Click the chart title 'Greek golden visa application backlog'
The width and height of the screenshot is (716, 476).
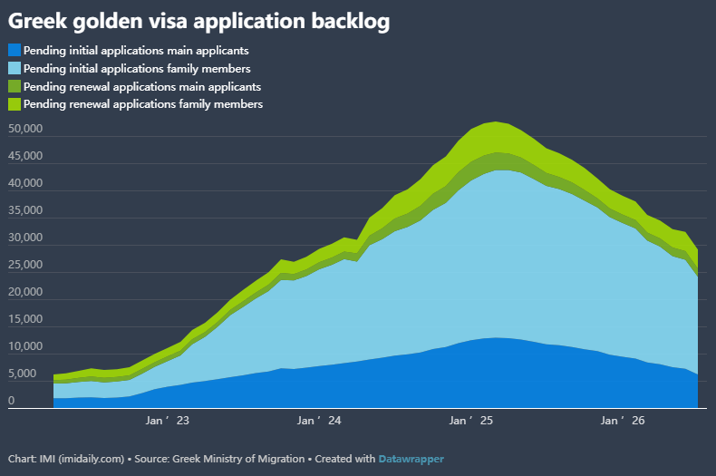click(198, 22)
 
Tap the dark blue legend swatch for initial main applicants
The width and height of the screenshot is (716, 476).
click(15, 50)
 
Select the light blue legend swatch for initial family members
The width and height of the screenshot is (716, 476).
click(15, 69)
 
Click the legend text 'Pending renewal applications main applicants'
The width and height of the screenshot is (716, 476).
click(142, 87)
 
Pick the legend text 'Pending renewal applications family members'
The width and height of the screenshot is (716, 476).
click(143, 104)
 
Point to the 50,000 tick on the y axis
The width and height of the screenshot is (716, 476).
click(25, 129)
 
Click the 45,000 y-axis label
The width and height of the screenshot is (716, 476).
click(25, 156)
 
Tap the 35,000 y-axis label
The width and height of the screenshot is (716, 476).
click(25, 210)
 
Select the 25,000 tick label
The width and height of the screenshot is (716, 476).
click(25, 265)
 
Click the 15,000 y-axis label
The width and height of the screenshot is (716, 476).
click(25, 319)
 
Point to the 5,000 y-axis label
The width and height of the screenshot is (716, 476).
click(22, 374)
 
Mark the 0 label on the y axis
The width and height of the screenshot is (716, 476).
click(12, 401)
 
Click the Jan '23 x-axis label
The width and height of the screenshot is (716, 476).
click(167, 421)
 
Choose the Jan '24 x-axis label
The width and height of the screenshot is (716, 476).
click(319, 421)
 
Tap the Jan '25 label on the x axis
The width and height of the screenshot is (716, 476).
click(470, 421)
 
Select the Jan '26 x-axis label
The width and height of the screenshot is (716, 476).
click(623, 421)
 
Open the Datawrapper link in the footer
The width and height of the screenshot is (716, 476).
click(411, 459)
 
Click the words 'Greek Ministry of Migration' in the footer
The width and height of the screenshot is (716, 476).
click(238, 459)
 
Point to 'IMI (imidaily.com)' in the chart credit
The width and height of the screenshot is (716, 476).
click(82, 459)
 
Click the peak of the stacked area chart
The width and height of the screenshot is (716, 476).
click(496, 122)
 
